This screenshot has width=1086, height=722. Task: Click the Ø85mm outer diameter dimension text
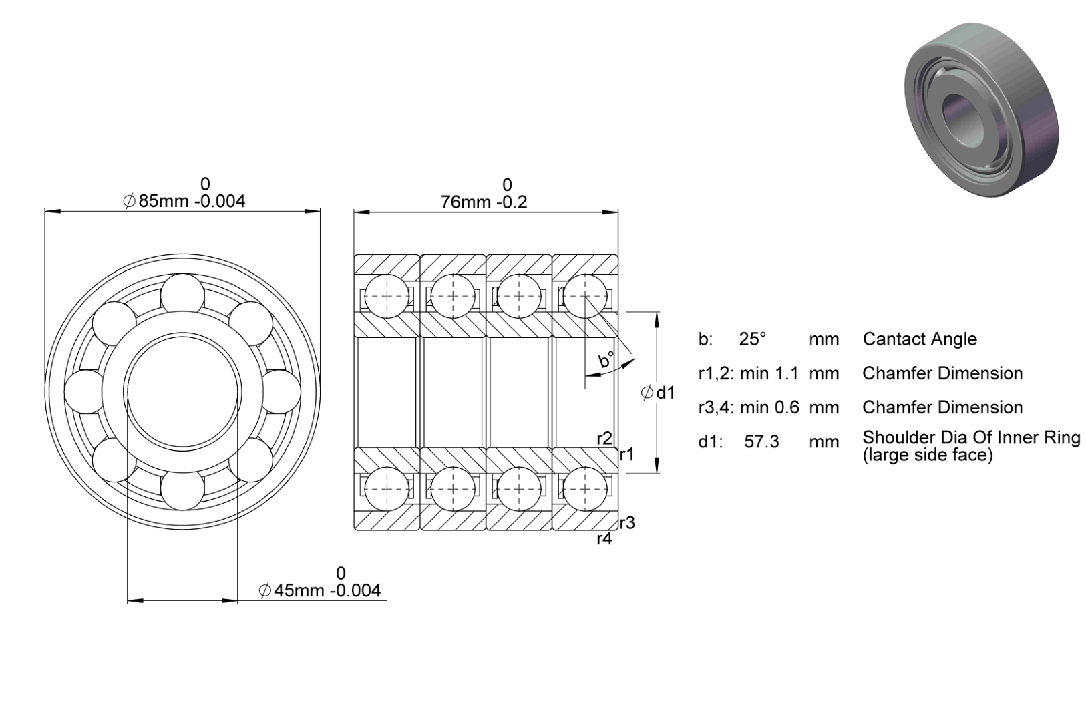click(x=184, y=201)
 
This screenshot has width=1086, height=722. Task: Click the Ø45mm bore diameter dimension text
click(x=319, y=590)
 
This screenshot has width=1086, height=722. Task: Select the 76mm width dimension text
click(x=484, y=202)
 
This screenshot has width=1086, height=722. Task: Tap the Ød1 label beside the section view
click(x=658, y=393)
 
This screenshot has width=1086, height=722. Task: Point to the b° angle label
click(x=606, y=360)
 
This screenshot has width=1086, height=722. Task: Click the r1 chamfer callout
click(x=627, y=454)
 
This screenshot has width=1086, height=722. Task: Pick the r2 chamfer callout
click(x=604, y=439)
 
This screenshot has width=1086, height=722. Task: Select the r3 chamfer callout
click(x=627, y=523)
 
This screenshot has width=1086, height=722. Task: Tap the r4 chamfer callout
click(x=604, y=539)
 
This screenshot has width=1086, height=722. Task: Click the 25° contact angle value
click(x=753, y=339)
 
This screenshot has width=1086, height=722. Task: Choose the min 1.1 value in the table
click(x=769, y=373)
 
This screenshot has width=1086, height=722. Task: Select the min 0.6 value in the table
click(x=769, y=407)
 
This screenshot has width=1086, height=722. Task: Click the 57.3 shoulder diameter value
click(x=761, y=441)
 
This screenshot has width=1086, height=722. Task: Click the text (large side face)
click(x=928, y=455)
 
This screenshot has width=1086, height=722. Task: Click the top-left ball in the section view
click(x=387, y=296)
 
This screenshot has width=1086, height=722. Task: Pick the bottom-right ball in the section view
click(x=585, y=490)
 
